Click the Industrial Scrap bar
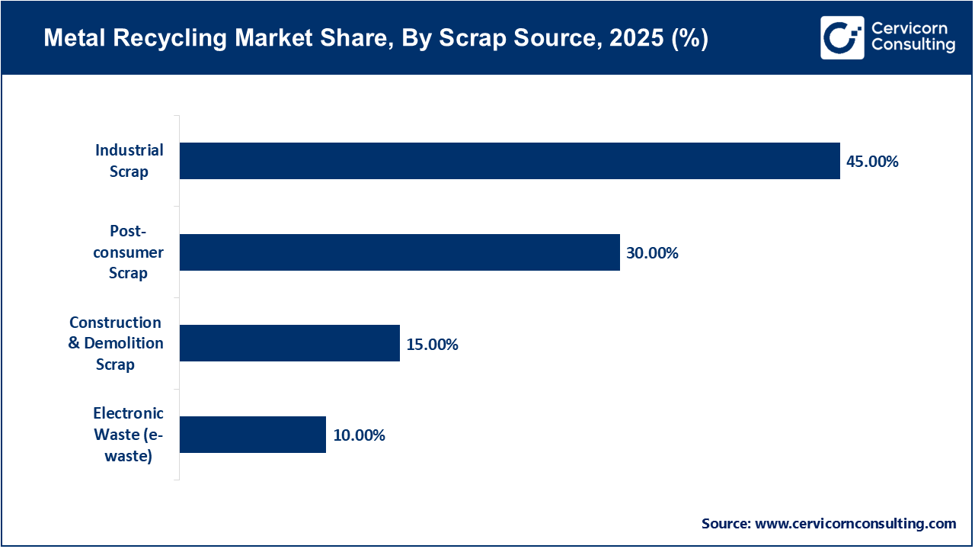pyautogui.click(x=510, y=161)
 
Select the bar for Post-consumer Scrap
pyautogui.click(x=400, y=252)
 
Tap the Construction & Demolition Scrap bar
pyautogui.click(x=289, y=343)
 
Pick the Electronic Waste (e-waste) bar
pyautogui.click(x=253, y=435)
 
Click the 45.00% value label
pyautogui.click(x=872, y=162)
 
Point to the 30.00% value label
pyautogui.click(x=652, y=253)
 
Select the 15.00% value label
pyautogui.click(x=432, y=345)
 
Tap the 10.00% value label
pyautogui.click(x=359, y=435)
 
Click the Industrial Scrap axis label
pyautogui.click(x=129, y=161)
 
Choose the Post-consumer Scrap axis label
pyautogui.click(x=128, y=252)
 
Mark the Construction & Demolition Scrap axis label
pyautogui.click(x=116, y=343)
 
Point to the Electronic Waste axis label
pyautogui.click(x=128, y=435)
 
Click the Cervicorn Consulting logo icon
pyautogui.click(x=842, y=37)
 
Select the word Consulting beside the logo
pyautogui.click(x=913, y=46)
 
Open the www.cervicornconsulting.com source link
pyautogui.click(x=855, y=523)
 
